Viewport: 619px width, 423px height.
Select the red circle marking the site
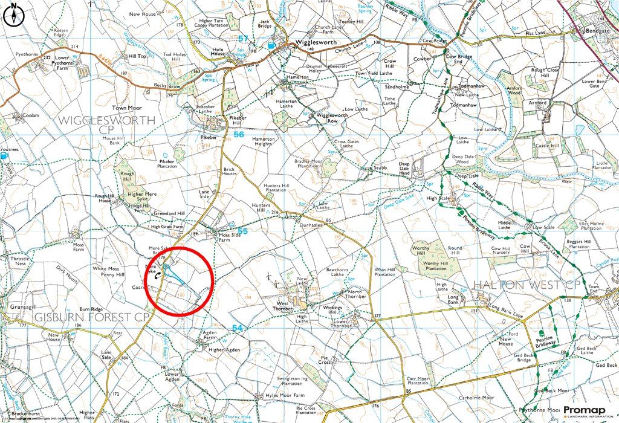pyautogui.click(x=180, y=281)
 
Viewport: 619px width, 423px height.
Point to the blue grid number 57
pyautogui.click(x=243, y=39)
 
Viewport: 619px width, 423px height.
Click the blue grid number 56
pyautogui.click(x=239, y=135)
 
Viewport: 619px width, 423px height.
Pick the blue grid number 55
pyautogui.click(x=242, y=231)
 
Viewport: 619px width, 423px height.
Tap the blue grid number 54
pyautogui.click(x=238, y=327)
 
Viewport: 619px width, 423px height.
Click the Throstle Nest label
pyautogui.click(x=19, y=262)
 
